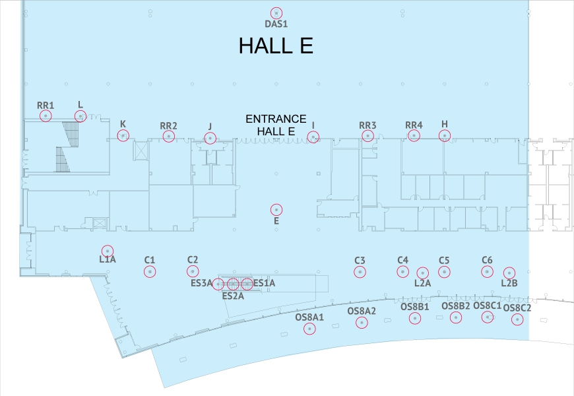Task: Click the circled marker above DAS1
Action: (276, 13)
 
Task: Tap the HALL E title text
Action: (275, 46)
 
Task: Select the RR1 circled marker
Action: (46, 116)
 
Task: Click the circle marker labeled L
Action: (80, 116)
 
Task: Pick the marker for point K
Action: (123, 136)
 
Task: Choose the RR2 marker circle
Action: (169, 137)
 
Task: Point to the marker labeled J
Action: (210, 138)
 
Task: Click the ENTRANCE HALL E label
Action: (276, 125)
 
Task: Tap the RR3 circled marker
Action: (367, 136)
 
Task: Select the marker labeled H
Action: (445, 136)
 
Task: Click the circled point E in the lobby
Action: (276, 209)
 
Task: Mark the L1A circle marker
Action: (108, 251)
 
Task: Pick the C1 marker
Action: (150, 271)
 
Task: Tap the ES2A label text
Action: (233, 296)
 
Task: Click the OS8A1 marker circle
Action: (309, 329)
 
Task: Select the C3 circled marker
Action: (360, 271)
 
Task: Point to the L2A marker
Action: (423, 273)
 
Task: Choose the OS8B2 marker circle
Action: (456, 317)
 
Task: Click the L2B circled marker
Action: (509, 273)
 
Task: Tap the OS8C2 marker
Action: (518, 320)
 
